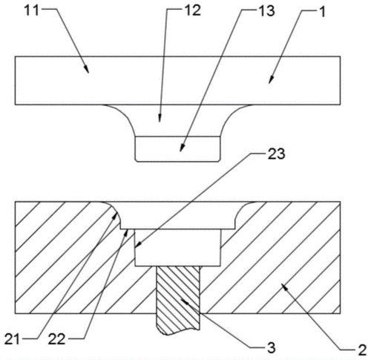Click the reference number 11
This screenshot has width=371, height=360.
point(32,10)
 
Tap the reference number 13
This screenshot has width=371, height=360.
point(266,11)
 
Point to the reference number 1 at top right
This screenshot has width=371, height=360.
point(322,12)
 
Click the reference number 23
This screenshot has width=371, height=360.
point(276,154)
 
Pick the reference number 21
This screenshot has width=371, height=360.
point(12,339)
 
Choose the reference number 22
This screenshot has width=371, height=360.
point(56,339)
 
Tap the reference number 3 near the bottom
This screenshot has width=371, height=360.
point(272,347)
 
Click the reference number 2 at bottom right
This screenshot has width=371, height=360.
point(362,350)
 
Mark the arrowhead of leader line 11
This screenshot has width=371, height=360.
point(87,70)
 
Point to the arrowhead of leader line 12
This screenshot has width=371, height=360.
point(160,118)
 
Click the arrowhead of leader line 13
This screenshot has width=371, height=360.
point(182,148)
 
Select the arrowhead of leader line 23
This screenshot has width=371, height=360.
point(137,245)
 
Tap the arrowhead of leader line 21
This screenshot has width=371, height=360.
point(114,217)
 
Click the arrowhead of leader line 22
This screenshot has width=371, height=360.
point(126,232)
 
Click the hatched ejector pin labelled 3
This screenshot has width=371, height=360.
point(178,300)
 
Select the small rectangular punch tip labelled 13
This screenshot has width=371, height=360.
point(177,149)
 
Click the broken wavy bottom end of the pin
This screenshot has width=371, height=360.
point(178,332)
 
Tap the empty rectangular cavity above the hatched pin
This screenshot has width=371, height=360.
point(177,248)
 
